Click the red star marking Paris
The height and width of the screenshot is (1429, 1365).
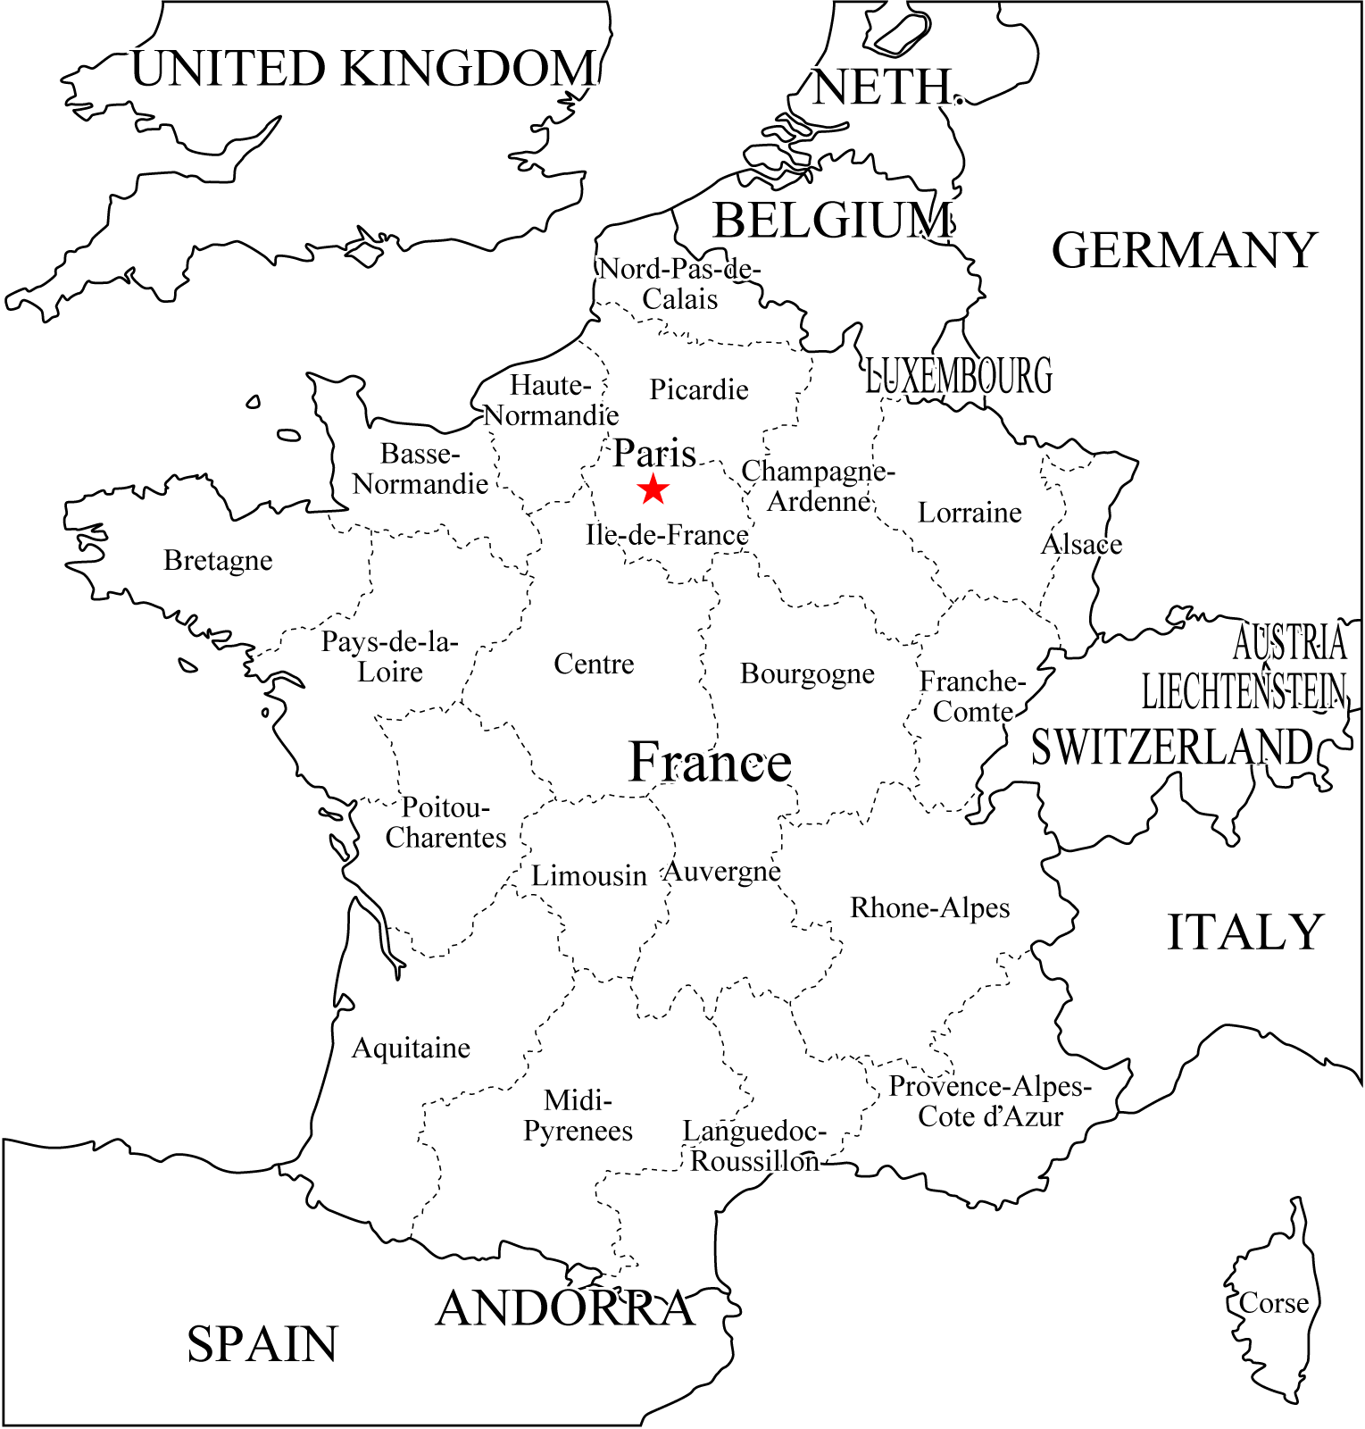point(653,489)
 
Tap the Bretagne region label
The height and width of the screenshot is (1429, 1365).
point(218,561)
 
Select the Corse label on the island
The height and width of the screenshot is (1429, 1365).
point(1273,1304)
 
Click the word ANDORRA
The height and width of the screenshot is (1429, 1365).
point(565,1309)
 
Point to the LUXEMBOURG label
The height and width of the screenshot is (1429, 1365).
point(959,376)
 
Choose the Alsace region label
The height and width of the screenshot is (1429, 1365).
point(1081,544)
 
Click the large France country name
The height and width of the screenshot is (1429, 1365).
point(710,763)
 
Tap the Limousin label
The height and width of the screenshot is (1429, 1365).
point(588,876)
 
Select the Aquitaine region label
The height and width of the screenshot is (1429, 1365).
point(411,1049)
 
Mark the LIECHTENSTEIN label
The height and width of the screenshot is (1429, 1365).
point(1244,691)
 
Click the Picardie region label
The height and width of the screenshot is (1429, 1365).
point(698,390)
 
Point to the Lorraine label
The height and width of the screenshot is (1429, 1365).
point(970,513)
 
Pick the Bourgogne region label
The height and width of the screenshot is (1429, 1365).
point(807,674)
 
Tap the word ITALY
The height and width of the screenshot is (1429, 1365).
point(1244,932)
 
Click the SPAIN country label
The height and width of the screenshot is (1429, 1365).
point(262,1344)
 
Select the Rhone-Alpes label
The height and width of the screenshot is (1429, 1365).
point(929,908)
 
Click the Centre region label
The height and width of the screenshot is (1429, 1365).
point(594,664)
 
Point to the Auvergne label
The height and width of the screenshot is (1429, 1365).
point(721,871)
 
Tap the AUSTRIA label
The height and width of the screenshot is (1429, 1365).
point(1289,642)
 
